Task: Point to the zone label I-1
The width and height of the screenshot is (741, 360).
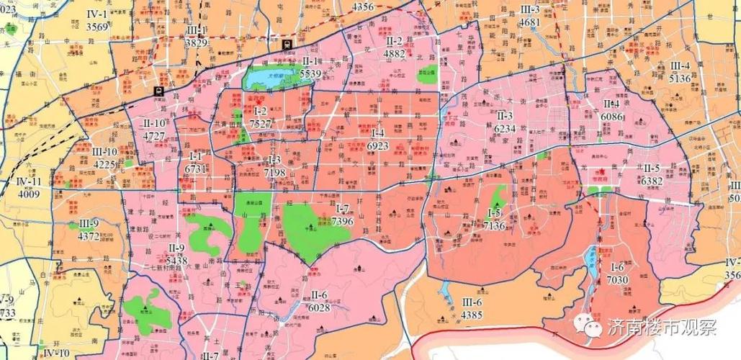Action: pos(196,156)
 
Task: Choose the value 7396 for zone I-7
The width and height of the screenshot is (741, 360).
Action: pos(343,222)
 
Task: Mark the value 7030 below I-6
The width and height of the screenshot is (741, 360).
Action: pos(618,280)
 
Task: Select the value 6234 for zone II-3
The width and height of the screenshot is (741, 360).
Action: pos(505,127)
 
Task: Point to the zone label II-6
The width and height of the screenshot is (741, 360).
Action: pos(319,295)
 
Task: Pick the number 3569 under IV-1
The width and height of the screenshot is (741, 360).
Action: pos(96,26)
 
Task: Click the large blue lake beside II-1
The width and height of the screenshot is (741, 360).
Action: pos(277,76)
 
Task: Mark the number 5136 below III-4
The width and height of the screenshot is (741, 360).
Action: pos(680,78)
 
